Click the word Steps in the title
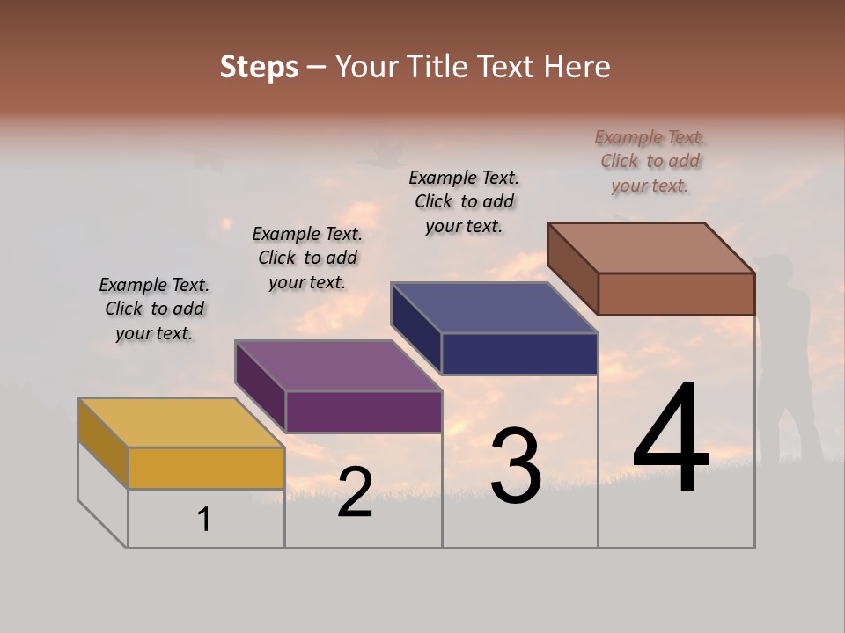(259, 67)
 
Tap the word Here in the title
(577, 67)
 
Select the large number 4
(671, 440)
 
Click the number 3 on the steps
(516, 466)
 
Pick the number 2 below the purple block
(355, 493)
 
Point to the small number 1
(204, 520)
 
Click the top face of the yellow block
(180, 423)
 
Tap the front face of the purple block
(364, 411)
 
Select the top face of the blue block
(494, 308)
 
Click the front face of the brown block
(676, 294)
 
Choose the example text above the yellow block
(154, 309)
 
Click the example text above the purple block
(307, 258)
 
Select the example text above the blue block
(464, 201)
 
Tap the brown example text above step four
(650, 161)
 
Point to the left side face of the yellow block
(103, 443)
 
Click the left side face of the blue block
(415, 330)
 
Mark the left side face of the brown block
(572, 268)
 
